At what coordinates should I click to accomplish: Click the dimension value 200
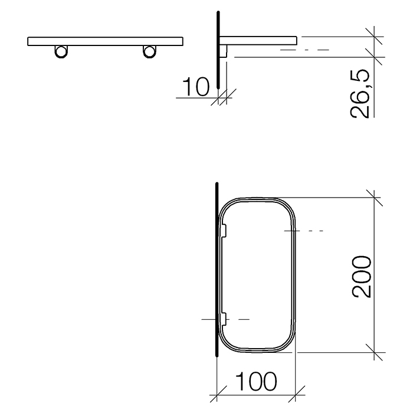[360, 277]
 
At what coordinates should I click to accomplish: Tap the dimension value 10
[195, 88]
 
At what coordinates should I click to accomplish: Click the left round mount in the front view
[60, 51]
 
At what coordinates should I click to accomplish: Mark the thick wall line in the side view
[218, 53]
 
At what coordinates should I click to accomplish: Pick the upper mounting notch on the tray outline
[225, 231]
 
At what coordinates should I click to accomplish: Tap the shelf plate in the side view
[260, 40]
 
